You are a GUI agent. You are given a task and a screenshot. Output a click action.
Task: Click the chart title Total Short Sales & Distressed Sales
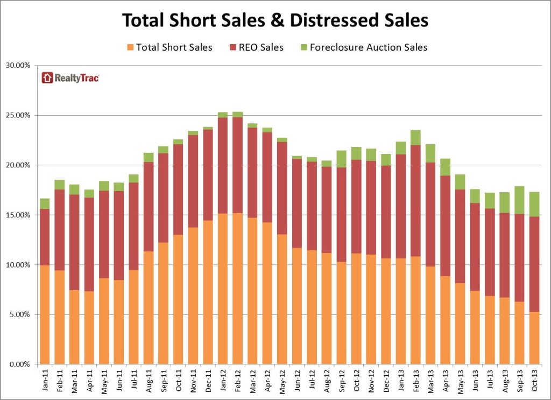275,20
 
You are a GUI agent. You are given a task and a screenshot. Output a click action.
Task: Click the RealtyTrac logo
70,78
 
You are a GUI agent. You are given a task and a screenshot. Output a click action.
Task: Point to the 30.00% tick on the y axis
22,66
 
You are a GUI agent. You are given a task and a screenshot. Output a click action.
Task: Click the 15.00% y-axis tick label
22,215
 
